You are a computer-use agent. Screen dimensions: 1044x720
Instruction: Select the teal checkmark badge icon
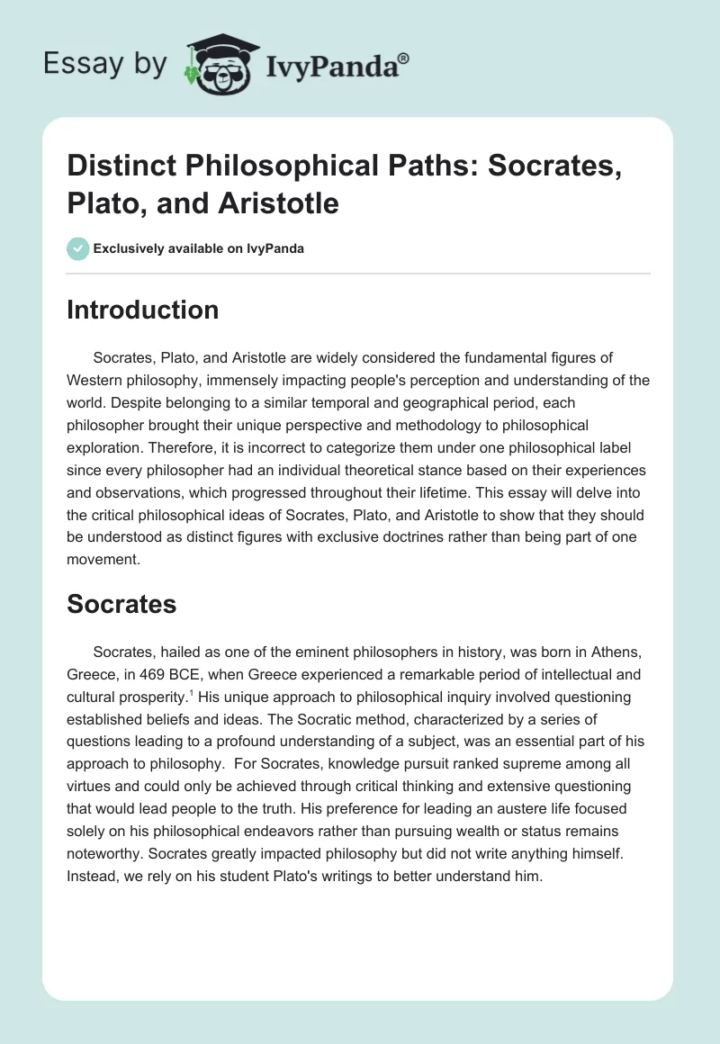78,248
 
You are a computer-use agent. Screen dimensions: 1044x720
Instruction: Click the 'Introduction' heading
142,310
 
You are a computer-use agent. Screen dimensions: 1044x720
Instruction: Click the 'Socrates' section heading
121,605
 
